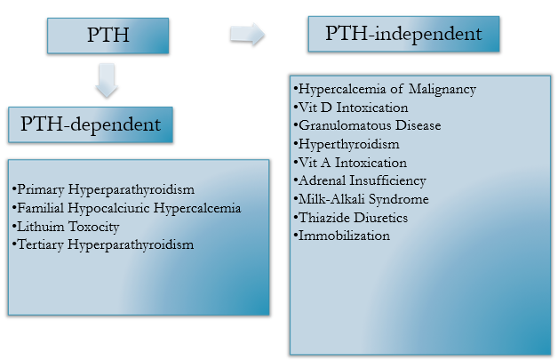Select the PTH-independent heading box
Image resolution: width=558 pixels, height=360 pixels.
tap(403, 36)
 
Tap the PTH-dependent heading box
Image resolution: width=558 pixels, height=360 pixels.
tap(91, 124)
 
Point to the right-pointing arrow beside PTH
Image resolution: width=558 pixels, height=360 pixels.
tap(247, 36)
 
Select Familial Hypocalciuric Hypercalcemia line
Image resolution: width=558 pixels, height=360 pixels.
tap(126, 208)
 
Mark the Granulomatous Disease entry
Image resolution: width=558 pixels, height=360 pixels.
tap(367, 125)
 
